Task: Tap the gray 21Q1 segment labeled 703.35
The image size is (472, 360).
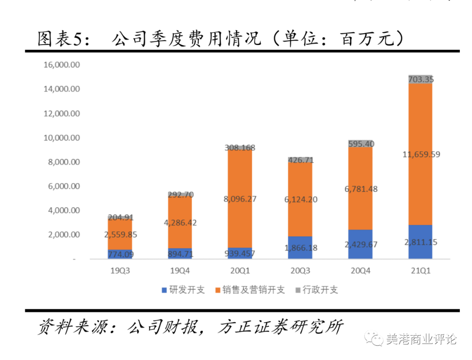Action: [420, 79]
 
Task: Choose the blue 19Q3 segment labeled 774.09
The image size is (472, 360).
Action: [120, 254]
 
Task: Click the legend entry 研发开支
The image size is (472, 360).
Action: [183, 290]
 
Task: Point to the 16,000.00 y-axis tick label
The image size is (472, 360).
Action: [62, 65]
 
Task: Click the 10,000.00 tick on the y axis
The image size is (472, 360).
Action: [62, 138]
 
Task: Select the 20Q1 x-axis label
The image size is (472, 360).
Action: [239, 271]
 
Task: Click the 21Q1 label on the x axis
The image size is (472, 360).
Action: [420, 271]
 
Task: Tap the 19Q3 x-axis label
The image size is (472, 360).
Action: [120, 271]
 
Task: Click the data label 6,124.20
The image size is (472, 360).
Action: [300, 199]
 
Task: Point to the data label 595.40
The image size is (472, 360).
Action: [361, 144]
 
